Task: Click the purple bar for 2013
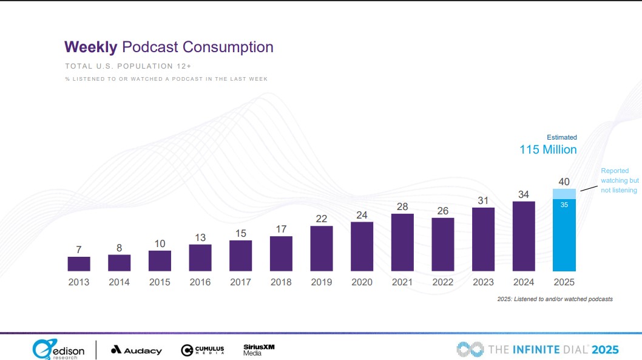coord(79,263)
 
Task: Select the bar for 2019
coord(322,248)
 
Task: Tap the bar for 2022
coord(443,244)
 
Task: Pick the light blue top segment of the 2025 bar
coord(564,194)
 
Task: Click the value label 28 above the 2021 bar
coord(402,207)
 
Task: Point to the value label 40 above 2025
coord(564,182)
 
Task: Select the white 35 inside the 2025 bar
coord(564,205)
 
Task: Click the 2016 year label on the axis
coord(200,282)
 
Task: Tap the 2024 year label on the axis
coord(524,282)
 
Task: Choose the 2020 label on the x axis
coord(362,282)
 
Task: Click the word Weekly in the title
coord(90,47)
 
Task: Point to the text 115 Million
coord(548,149)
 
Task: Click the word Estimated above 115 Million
coord(562,137)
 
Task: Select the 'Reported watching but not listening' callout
coord(619,181)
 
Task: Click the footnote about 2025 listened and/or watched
coord(555,299)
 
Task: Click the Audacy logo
coord(137,350)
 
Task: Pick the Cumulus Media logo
coord(203,350)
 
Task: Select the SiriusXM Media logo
coord(259,350)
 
